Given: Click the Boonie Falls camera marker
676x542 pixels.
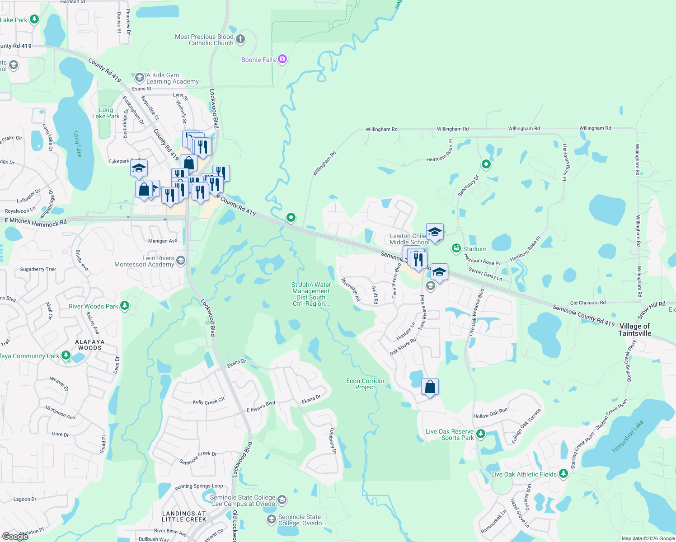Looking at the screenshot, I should pos(282,59).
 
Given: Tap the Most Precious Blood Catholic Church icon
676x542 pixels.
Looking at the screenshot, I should pos(240,39).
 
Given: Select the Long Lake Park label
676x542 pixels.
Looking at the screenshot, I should pos(106,113).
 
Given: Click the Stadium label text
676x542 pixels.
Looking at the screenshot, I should pos(474,249).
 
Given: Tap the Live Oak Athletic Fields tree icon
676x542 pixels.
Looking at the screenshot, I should pos(563,474).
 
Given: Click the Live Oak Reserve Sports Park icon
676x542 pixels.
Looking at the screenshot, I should pos(481,434).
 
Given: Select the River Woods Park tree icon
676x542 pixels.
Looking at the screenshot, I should pos(125,306).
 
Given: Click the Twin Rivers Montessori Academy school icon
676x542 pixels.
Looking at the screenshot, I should pos(181,260).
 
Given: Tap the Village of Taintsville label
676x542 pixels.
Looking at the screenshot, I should pos(634,330).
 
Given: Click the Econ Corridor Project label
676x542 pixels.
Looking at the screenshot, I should pos(365,384).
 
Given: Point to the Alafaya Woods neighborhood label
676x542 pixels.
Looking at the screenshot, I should pos(89,345).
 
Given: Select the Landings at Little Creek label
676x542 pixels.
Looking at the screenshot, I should pos(184,516).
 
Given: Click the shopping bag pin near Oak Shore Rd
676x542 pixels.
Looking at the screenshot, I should pos(430,387).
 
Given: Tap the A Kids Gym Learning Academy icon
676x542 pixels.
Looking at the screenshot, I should pos(140,77).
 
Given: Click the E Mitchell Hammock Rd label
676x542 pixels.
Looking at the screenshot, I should pos(36,222).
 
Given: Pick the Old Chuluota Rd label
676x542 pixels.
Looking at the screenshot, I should pos(587,303).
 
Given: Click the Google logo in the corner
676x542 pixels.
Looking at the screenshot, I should pos(15,536).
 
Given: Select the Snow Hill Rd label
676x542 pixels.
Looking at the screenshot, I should pos(652,310).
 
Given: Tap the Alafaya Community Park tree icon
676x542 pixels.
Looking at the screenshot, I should pos(66,355).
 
